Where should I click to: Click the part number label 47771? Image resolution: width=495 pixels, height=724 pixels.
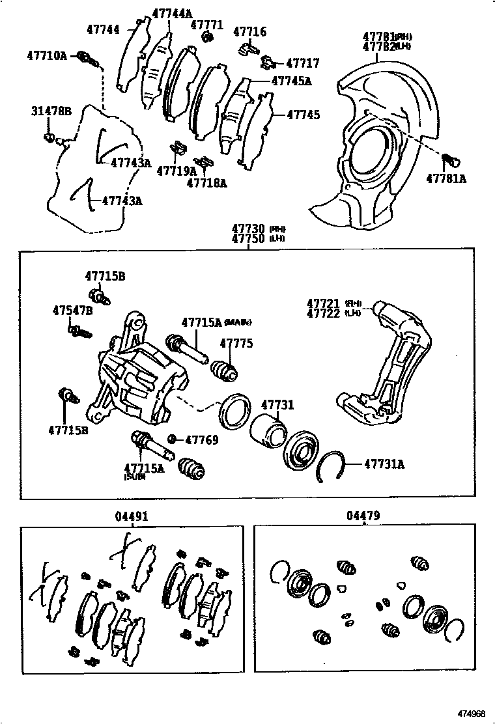point(206,25)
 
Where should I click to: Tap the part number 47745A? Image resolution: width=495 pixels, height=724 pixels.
point(291,81)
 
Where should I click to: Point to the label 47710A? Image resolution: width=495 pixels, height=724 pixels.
point(47,56)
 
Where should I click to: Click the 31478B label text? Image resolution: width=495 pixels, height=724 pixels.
point(51,111)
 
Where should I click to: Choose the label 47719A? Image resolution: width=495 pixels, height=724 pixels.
point(176,171)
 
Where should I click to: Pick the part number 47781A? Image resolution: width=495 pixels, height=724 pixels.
point(447,178)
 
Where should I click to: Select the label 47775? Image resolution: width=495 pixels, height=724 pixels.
point(236,343)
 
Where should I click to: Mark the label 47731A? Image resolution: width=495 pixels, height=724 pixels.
point(384,464)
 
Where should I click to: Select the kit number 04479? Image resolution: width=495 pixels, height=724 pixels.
point(363,516)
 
